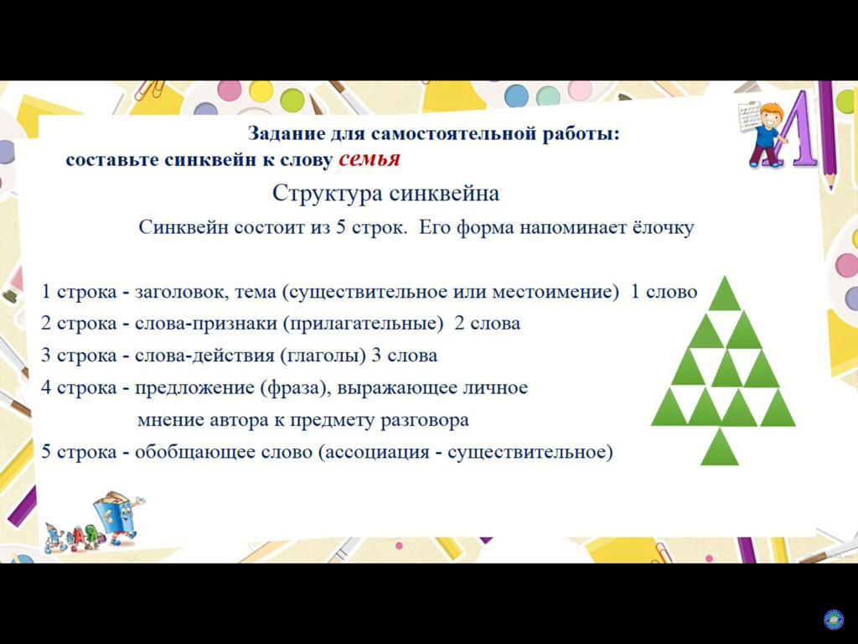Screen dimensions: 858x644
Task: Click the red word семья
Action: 370,159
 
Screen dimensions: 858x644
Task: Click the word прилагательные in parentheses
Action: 364,324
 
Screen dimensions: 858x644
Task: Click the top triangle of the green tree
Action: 725,293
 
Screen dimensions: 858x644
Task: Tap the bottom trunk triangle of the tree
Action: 720,448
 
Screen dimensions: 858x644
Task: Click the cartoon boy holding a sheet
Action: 764,133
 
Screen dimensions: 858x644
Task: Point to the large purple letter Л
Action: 799,130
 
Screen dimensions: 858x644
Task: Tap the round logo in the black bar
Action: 834,620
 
